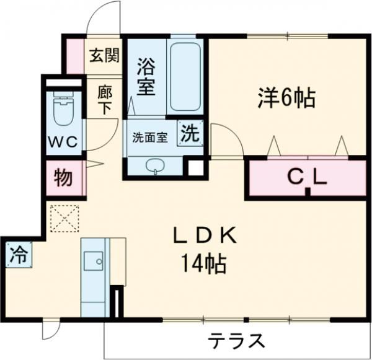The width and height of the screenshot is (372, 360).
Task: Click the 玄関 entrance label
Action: [x=104, y=56]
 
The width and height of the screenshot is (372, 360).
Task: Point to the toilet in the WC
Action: [x=62, y=111]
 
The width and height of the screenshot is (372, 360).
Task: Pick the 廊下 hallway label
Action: [x=104, y=99]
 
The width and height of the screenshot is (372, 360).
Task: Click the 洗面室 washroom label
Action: [x=149, y=138]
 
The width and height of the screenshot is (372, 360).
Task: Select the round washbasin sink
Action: [x=155, y=165]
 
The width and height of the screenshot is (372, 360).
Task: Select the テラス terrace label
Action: [x=237, y=341]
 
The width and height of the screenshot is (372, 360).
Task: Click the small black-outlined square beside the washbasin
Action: [x=196, y=167]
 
